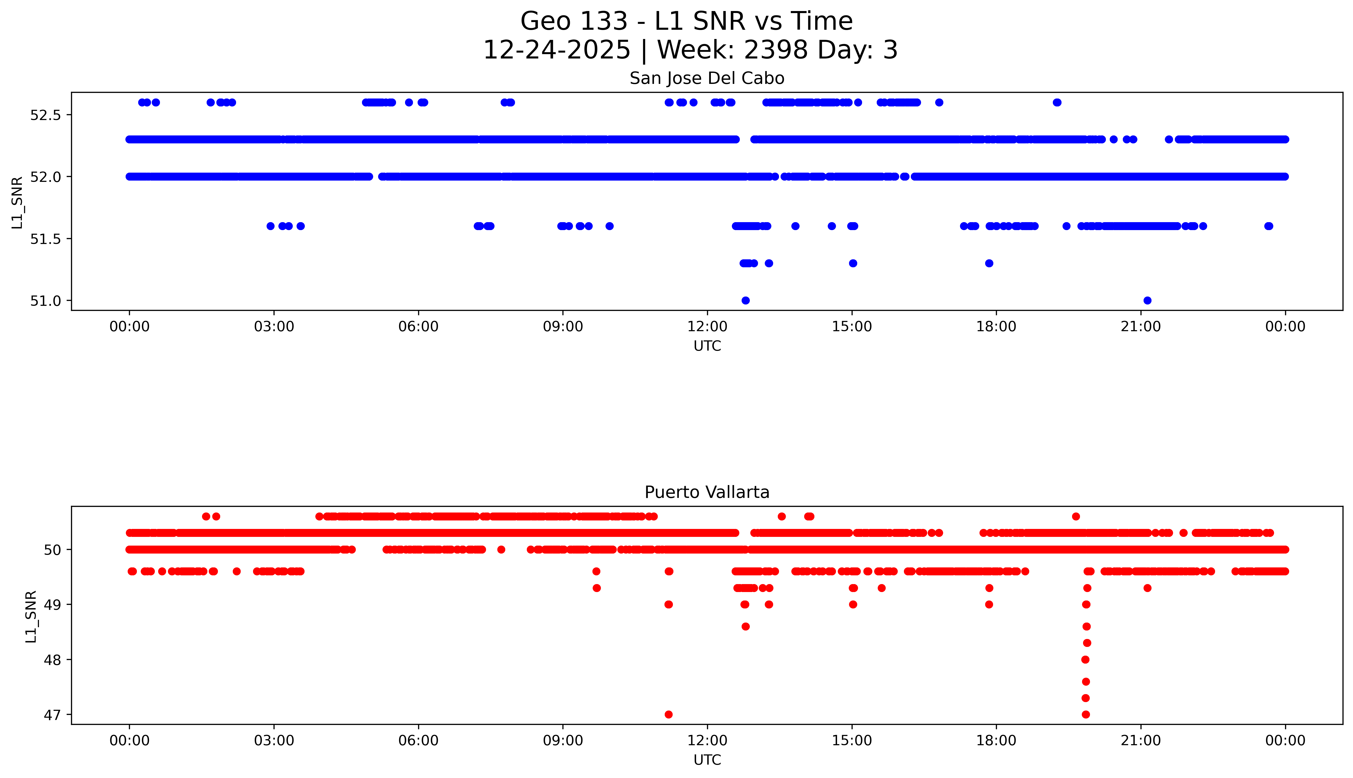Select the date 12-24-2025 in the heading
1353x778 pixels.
pyautogui.click(x=556, y=50)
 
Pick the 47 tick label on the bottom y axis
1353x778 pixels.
pyautogui.click(x=52, y=715)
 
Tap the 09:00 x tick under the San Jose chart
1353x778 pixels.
pyautogui.click(x=563, y=327)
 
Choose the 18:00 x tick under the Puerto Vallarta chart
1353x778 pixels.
pyautogui.click(x=996, y=741)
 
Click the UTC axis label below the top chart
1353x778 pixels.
pyautogui.click(x=707, y=346)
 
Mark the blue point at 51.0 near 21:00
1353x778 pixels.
pyautogui.click(x=1147, y=300)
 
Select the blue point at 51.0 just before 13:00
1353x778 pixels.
pyautogui.click(x=745, y=300)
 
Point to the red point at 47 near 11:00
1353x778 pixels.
pyautogui.click(x=669, y=714)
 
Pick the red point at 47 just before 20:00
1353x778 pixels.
pyautogui.click(x=1085, y=714)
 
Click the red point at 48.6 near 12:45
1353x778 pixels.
pyautogui.click(x=745, y=626)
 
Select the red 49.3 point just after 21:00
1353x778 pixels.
pyautogui.click(x=1147, y=588)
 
